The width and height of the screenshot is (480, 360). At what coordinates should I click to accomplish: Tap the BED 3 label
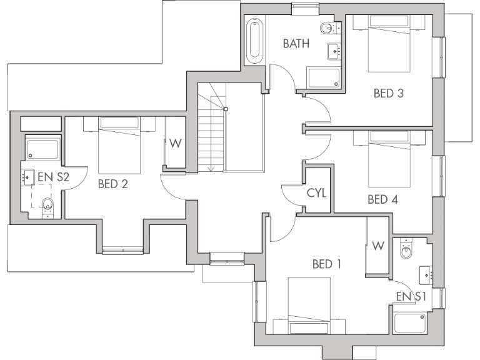[x=388, y=94]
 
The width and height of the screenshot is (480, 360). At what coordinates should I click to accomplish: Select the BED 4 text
[x=382, y=200]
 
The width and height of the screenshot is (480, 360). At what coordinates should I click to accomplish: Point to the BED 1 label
[x=326, y=264]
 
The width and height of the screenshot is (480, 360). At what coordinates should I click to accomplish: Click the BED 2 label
[x=113, y=184]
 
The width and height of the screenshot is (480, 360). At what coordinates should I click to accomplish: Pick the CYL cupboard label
[x=316, y=192]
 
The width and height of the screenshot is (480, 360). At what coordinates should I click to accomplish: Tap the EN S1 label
[x=410, y=296]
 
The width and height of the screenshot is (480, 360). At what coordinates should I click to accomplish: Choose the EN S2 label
[x=53, y=177]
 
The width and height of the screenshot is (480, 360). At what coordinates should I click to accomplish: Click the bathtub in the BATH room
[x=254, y=42]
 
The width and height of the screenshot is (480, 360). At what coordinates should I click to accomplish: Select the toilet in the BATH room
[x=328, y=28]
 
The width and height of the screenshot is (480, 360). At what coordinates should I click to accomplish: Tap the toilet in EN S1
[x=406, y=249]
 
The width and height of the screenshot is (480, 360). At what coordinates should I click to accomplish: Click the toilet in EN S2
[x=46, y=204]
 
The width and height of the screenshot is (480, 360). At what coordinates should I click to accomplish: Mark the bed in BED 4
[x=389, y=159]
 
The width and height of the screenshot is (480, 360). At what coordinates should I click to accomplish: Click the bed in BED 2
[x=119, y=147]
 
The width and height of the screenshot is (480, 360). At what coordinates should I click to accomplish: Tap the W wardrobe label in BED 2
[x=176, y=143]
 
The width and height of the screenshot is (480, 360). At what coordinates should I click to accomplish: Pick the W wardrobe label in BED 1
[x=377, y=246]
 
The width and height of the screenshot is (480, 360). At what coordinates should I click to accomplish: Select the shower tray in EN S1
[x=409, y=324]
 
